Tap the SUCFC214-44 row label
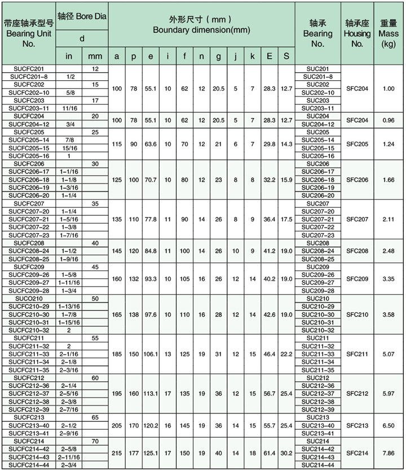click(x=29, y=464)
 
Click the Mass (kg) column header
click(x=389, y=33)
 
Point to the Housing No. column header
click(x=357, y=33)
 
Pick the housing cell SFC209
click(x=357, y=278)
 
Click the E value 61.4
click(x=270, y=452)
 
